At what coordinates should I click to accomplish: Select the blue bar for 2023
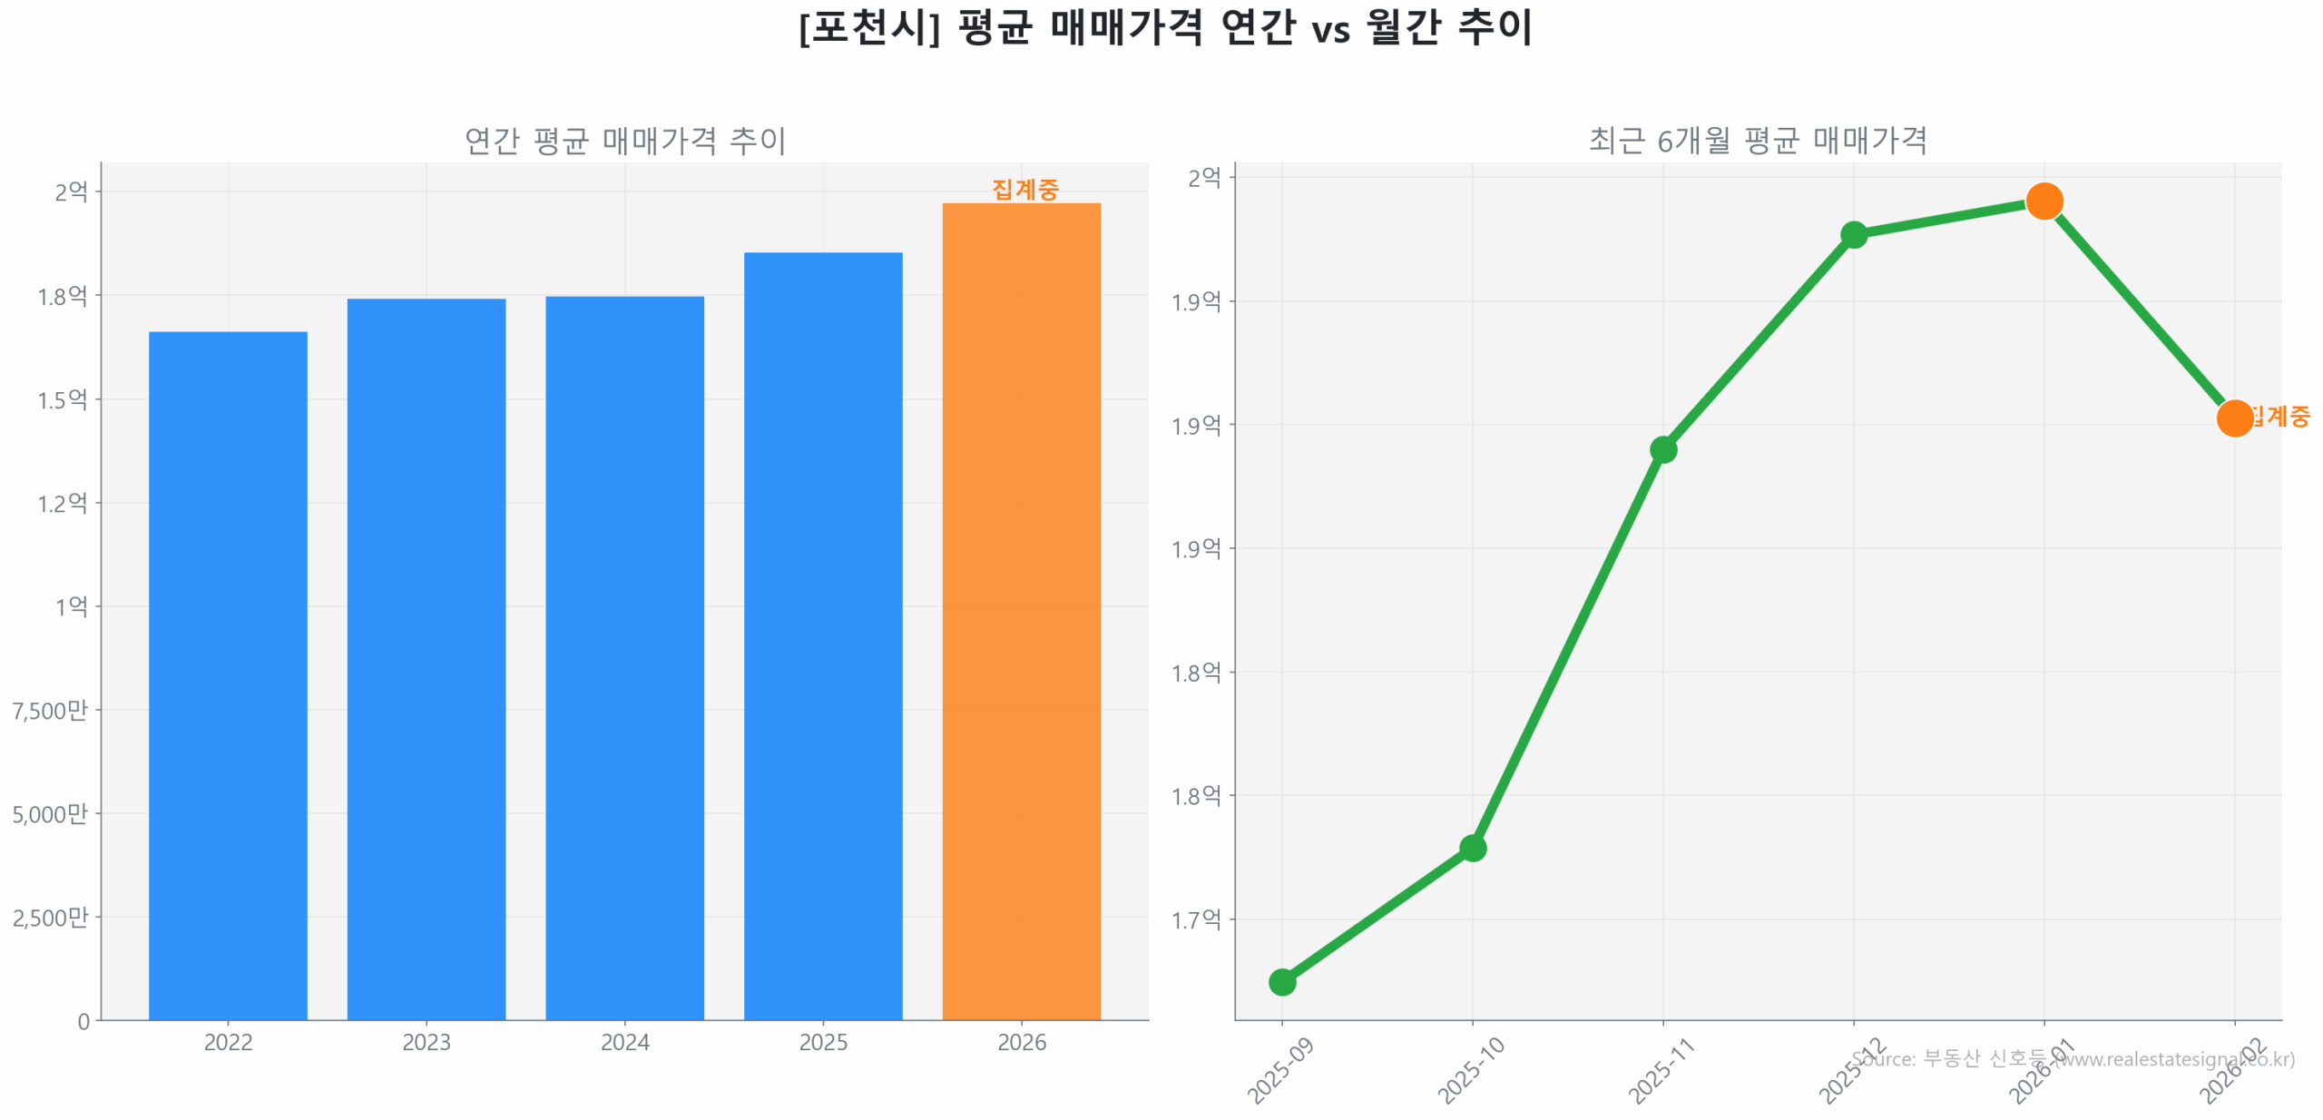click(426, 658)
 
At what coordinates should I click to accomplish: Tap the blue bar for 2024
click(624, 657)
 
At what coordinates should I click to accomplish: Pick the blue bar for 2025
click(822, 635)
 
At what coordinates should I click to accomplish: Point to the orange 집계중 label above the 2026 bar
click(1024, 190)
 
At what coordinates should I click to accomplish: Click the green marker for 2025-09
click(1281, 981)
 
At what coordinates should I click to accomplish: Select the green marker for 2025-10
click(1472, 848)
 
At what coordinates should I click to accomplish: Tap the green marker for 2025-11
click(1662, 449)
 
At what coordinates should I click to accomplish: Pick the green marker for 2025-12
click(1853, 235)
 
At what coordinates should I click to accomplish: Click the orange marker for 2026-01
click(2044, 201)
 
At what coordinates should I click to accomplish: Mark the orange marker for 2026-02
click(2234, 418)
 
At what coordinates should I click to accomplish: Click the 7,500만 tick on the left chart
click(50, 710)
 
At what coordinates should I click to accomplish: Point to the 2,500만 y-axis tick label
click(50, 917)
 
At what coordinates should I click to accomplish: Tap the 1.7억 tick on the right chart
click(1195, 919)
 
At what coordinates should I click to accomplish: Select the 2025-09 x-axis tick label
click(1280, 1071)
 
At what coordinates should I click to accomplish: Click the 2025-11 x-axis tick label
click(1661, 1071)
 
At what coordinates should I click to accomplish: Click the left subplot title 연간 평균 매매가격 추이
click(624, 141)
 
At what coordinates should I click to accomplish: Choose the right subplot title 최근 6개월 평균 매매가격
click(1757, 141)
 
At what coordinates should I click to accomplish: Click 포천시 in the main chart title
click(868, 27)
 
